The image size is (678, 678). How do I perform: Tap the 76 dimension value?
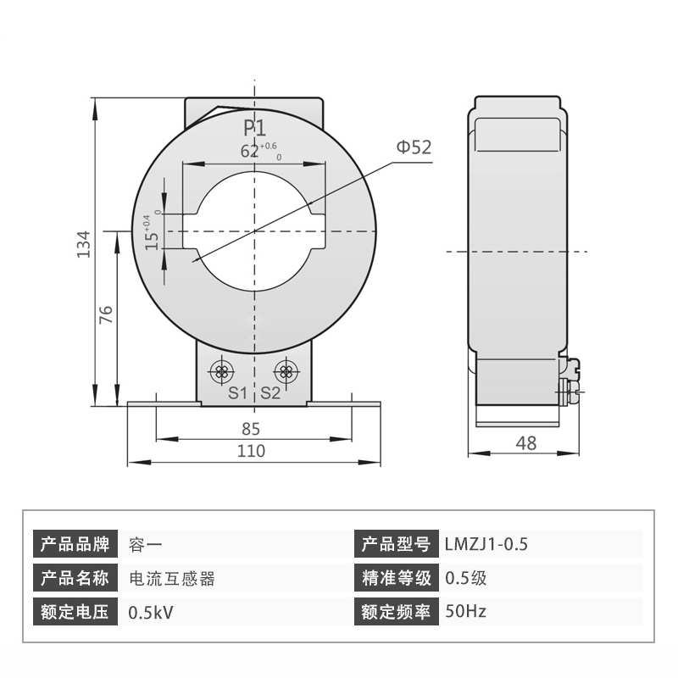pos(106,315)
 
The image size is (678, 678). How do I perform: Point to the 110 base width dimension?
pos(251,451)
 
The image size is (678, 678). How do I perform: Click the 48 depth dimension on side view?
pos(526,442)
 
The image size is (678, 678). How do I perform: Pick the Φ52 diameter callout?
pos(413,147)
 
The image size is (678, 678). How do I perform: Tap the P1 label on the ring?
pos(255,129)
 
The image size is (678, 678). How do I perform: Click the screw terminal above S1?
pos(223,370)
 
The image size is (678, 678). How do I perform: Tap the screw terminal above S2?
pos(286,370)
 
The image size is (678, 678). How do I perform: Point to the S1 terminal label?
pos(237,392)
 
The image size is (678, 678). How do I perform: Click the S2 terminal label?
pos(270,392)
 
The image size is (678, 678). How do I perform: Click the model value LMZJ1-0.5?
pos(486,544)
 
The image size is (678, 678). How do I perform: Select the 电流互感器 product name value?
pos(171,578)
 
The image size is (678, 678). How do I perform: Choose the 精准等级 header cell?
pos(396,578)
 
